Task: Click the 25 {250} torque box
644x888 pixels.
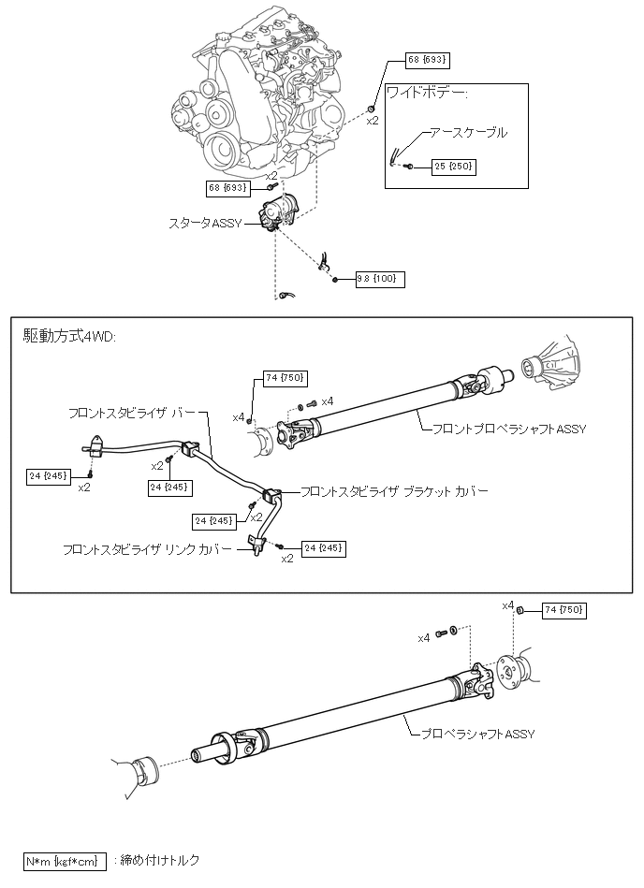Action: [x=454, y=167]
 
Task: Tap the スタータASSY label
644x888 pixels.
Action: [x=205, y=223]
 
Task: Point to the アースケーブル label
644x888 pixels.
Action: [x=468, y=133]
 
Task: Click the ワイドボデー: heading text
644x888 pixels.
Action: [x=428, y=94]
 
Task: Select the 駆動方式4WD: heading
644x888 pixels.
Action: [x=70, y=336]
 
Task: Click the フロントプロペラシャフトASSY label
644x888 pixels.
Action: [x=505, y=429]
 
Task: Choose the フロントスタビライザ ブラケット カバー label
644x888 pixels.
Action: [x=393, y=490]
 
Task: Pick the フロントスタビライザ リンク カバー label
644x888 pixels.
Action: [x=147, y=549]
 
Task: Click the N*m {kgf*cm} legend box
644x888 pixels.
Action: [x=62, y=860]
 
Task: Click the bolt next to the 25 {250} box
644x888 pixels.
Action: [x=410, y=167]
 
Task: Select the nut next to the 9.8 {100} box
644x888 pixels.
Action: [x=335, y=279]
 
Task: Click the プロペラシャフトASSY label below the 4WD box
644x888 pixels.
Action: [x=477, y=735]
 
